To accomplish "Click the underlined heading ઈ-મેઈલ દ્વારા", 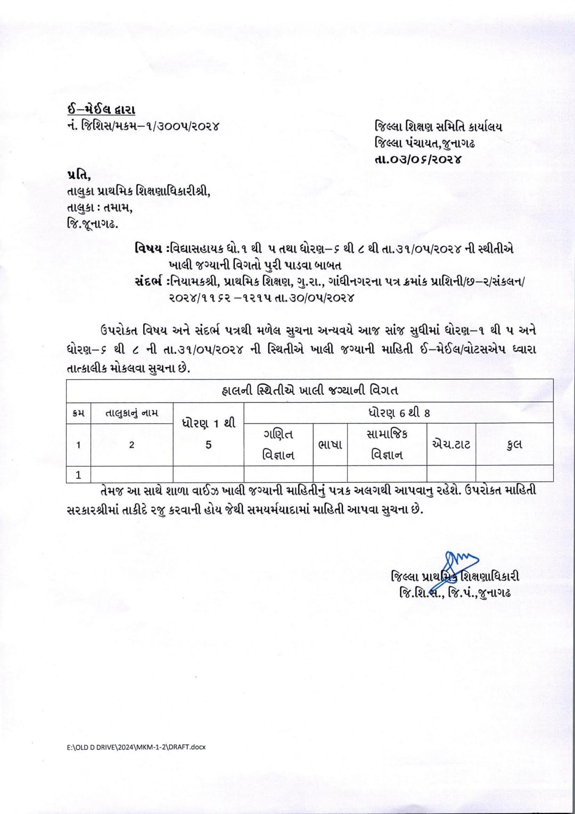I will pos(101,110).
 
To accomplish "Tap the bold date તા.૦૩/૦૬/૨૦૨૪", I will pos(418,159).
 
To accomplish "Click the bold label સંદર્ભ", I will pos(150,281).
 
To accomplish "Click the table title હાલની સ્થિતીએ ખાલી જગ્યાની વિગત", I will pos(309,390).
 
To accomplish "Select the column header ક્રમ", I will pos(78,413).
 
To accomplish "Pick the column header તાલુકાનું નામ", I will pos(132,413).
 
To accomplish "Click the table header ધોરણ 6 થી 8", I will pos(398,413).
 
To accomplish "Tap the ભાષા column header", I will pos(330,444).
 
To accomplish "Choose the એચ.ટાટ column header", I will pos(451,444).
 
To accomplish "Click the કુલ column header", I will pos(514,444).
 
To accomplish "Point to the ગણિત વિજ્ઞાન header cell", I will pos(278,444).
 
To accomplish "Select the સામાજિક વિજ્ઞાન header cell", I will pos(387,444).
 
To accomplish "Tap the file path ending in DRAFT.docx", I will pos(133,747).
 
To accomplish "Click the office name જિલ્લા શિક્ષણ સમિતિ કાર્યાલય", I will pos(438,127).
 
